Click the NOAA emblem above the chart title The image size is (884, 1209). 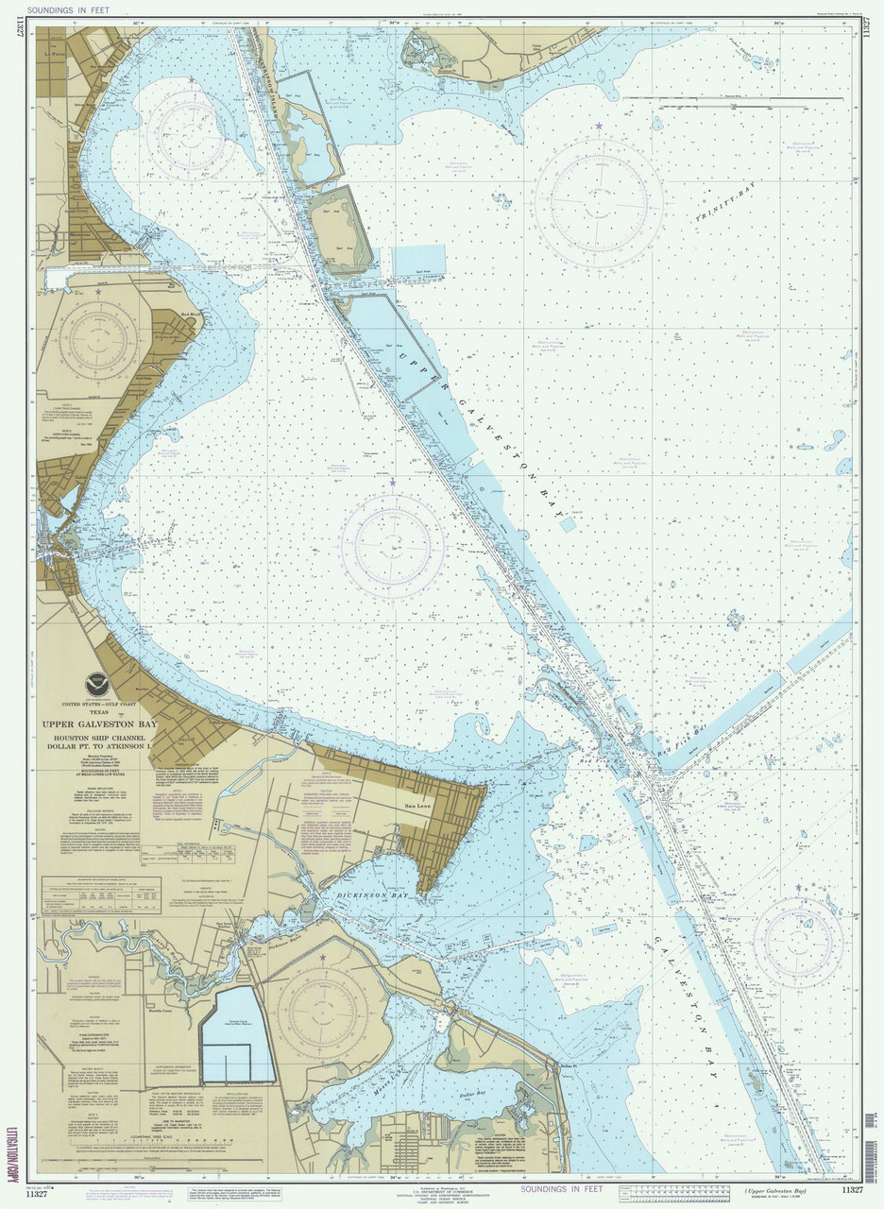97,683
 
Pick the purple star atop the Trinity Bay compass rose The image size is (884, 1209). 598,126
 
